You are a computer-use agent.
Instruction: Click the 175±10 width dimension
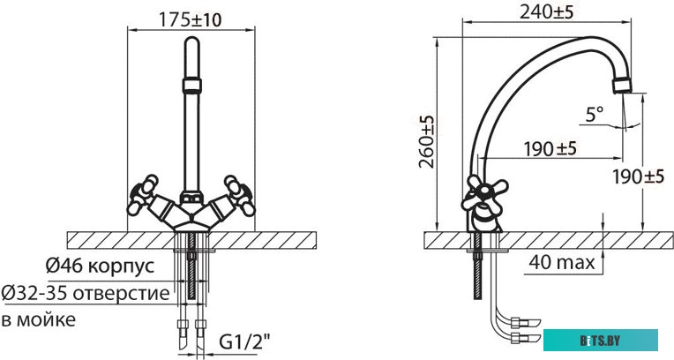tap(191, 19)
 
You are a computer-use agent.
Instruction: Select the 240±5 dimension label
tap(546, 12)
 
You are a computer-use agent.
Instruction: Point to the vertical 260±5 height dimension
tap(427, 141)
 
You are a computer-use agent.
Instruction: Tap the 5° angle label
tap(595, 115)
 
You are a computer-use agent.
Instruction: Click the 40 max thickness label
tap(562, 262)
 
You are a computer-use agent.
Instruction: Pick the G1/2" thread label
tap(245, 342)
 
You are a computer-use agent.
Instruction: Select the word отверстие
tap(121, 294)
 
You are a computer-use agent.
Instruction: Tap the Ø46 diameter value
tap(64, 266)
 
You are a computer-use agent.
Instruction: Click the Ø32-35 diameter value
tap(34, 293)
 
